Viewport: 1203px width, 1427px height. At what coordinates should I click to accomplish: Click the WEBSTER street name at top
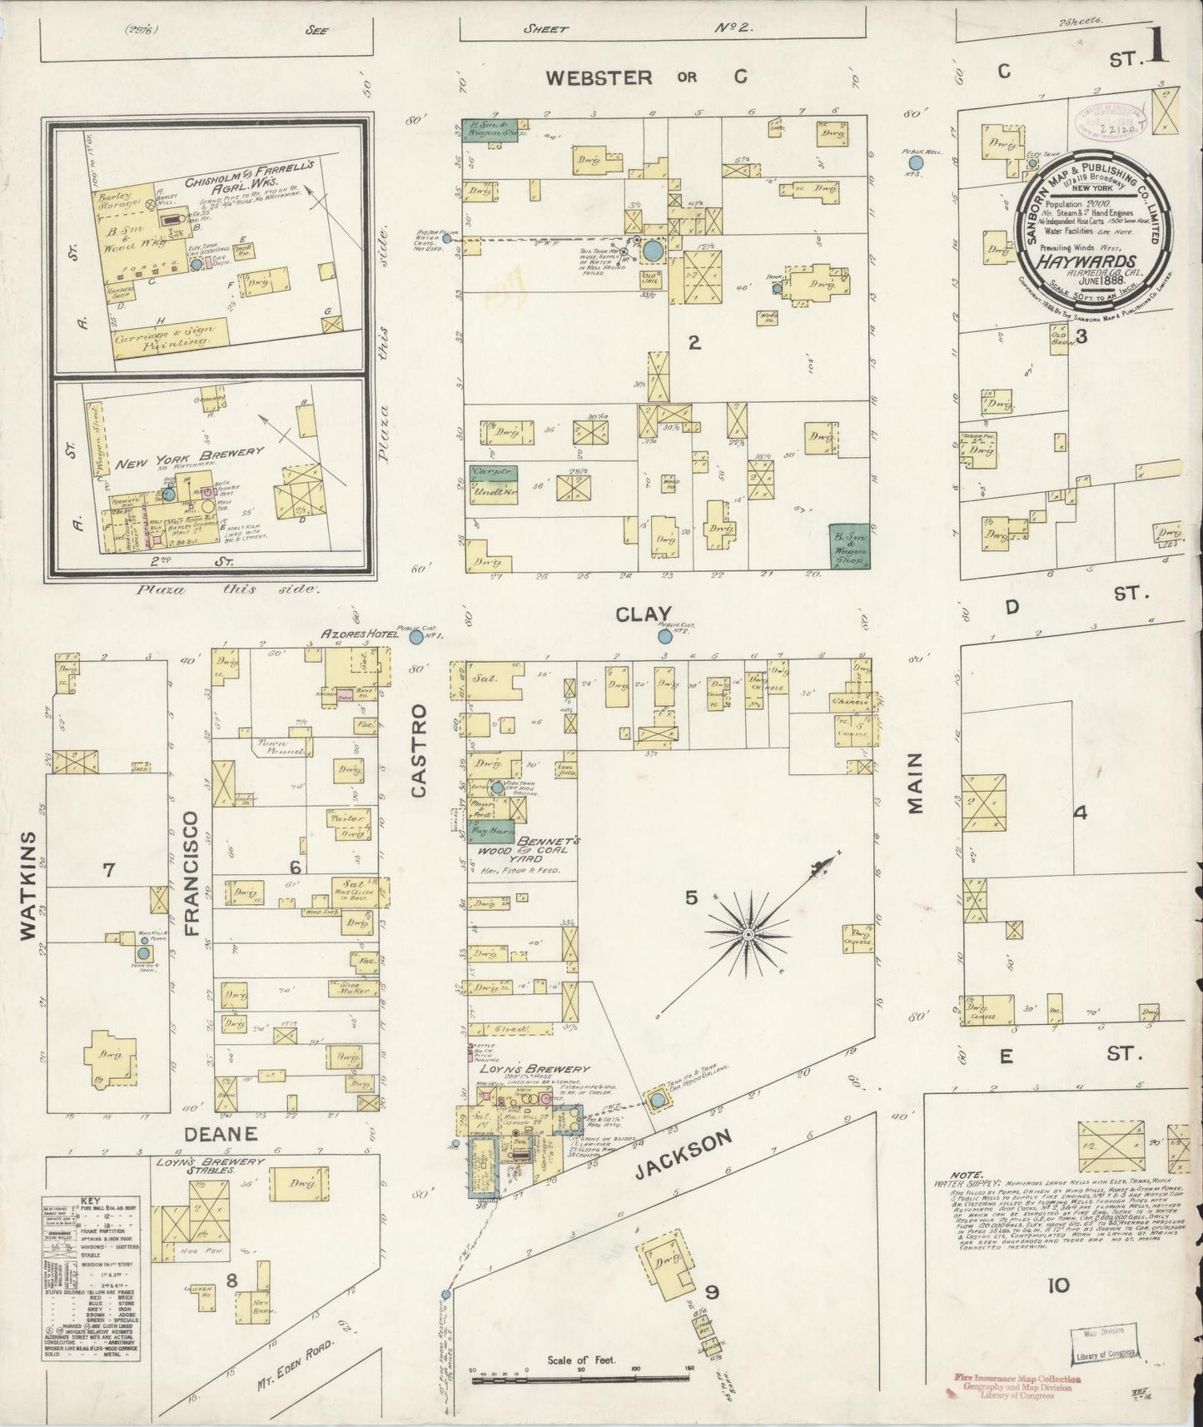tap(599, 77)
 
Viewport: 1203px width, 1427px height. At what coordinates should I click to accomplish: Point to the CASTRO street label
tap(418, 750)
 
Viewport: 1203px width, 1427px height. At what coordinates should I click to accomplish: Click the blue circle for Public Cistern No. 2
tap(664, 637)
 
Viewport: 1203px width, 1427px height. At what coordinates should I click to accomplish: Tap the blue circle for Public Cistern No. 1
tap(415, 638)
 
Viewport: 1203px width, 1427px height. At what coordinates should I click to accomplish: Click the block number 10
tap(1058, 1286)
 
